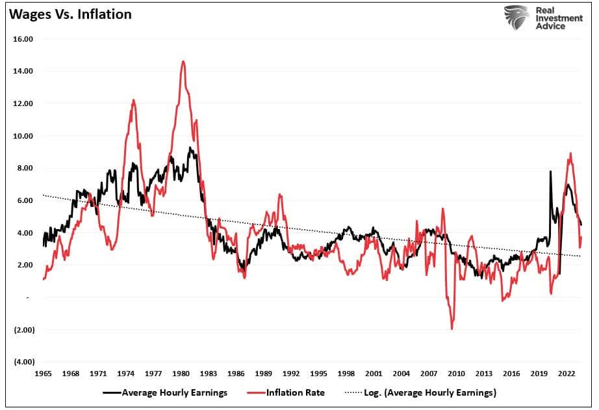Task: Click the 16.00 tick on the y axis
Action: point(23,39)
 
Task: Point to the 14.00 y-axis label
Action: point(23,71)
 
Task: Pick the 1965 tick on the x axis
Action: point(43,374)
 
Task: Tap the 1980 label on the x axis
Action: point(181,374)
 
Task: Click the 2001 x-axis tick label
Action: point(373,374)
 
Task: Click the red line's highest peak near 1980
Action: point(183,62)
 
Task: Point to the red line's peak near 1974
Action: point(133,100)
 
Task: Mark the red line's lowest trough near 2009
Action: point(452,328)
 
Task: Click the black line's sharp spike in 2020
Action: point(551,172)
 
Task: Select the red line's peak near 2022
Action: point(570,154)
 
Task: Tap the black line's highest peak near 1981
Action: point(190,148)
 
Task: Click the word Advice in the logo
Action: point(551,27)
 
